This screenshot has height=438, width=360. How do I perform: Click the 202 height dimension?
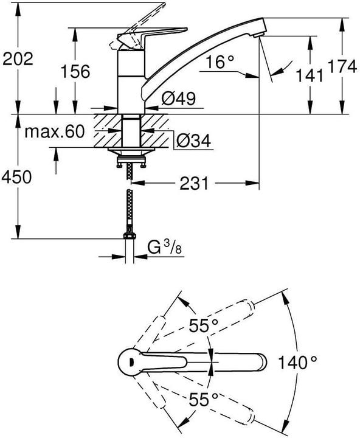point(18,58)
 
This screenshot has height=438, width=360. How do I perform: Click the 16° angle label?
point(220,61)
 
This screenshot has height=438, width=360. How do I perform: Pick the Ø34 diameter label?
point(193,141)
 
